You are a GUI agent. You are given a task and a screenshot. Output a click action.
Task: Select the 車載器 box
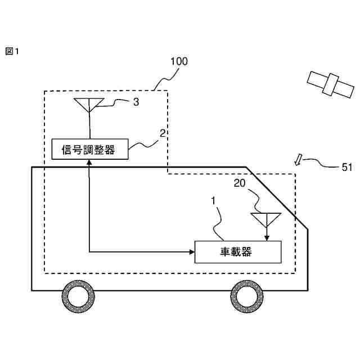click(237, 251)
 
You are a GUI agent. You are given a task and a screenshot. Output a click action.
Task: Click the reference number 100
click(179, 61)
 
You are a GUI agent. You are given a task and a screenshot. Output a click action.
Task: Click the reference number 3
click(136, 102)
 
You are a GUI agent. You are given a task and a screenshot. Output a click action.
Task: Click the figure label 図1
click(12, 52)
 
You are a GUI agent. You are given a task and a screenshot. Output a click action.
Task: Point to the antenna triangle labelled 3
click(89, 103)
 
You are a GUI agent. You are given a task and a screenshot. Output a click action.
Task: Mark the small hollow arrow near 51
click(299, 160)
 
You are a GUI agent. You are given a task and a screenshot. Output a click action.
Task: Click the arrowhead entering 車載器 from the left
click(191, 251)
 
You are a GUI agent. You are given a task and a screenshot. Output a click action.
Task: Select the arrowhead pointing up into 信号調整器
click(89, 163)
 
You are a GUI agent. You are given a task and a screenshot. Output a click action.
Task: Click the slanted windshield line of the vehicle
click(277, 198)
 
